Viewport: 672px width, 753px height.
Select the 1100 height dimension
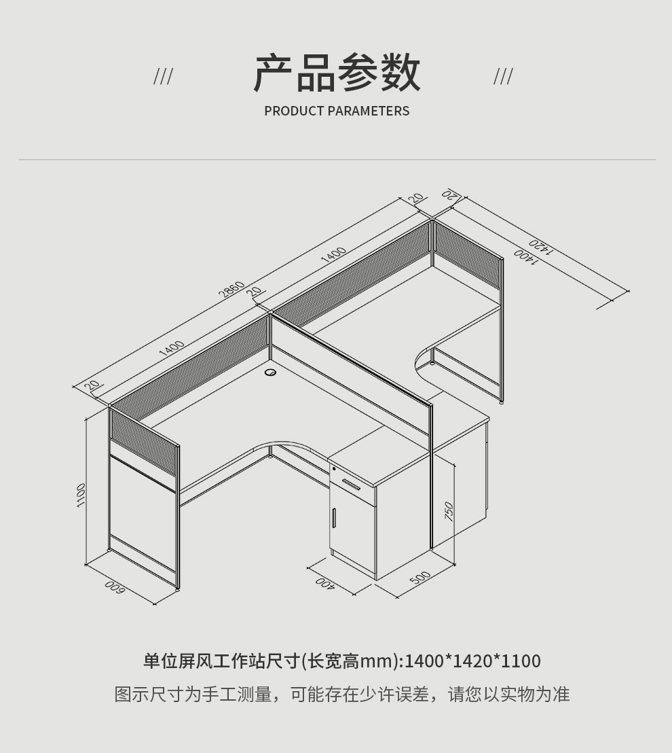pos(81,494)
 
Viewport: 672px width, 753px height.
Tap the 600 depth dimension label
pos(113,588)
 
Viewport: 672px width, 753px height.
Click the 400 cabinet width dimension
pos(325,583)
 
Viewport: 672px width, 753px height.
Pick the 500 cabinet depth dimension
pos(420,578)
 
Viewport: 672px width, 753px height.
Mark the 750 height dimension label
pos(449,511)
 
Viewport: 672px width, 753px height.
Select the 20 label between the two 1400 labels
pos(255,292)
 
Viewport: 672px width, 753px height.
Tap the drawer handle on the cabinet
pos(351,484)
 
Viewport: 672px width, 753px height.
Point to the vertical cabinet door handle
pos(334,518)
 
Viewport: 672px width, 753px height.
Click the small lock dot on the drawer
pos(334,468)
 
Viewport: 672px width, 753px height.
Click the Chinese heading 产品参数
pos(337,73)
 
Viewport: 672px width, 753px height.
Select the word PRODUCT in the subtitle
pos(293,111)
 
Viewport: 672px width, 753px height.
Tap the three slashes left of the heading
pos(163,77)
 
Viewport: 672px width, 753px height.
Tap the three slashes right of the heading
pos(503,77)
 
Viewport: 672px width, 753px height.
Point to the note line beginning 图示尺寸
pos(341,695)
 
